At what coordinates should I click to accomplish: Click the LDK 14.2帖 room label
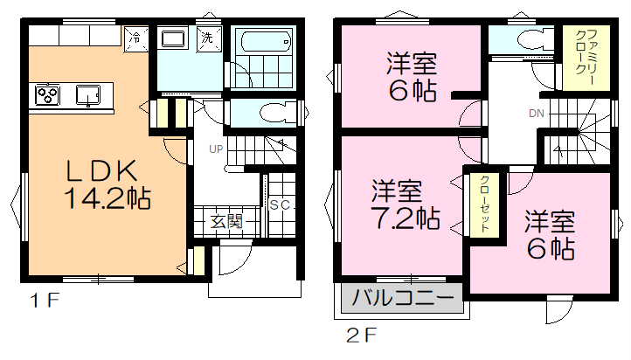[107, 184]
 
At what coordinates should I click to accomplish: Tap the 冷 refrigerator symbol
[136, 39]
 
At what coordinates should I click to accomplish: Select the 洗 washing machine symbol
[209, 38]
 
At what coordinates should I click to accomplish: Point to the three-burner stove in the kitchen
[47, 95]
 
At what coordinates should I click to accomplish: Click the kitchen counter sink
[89, 95]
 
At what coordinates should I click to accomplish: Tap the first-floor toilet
[278, 112]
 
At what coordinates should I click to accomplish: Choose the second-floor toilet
[536, 39]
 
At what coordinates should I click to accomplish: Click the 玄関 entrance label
[227, 221]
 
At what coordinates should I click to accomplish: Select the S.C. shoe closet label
[282, 205]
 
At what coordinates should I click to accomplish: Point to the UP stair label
[216, 149]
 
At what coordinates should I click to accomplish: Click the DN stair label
[537, 114]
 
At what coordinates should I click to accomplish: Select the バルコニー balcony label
[403, 298]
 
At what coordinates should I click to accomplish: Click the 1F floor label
[45, 300]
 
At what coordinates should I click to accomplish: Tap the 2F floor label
[361, 335]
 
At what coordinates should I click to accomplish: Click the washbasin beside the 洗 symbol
[173, 38]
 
